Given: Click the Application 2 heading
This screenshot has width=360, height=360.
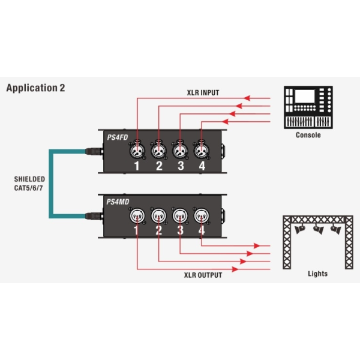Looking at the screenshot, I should pos(35,88).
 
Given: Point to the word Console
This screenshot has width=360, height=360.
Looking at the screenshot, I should pos(308,135).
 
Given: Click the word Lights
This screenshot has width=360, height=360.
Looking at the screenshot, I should pos(317,274).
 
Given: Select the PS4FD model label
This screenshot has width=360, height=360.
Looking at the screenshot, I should pos(117,137).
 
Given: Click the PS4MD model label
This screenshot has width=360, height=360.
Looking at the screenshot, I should pos(118,202).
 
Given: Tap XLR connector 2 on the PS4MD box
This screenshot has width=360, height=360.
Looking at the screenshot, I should pos(158,215).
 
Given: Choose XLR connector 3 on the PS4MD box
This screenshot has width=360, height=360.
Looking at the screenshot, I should pos(180,215).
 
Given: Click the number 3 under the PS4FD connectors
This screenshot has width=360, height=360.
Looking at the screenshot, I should pos(180,166).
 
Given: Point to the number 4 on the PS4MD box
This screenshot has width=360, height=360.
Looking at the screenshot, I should pos(202,229).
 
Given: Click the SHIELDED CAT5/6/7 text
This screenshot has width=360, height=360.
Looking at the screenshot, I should pos(29,183).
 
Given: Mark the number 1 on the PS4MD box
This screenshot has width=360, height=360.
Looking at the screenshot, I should pos(137,229).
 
